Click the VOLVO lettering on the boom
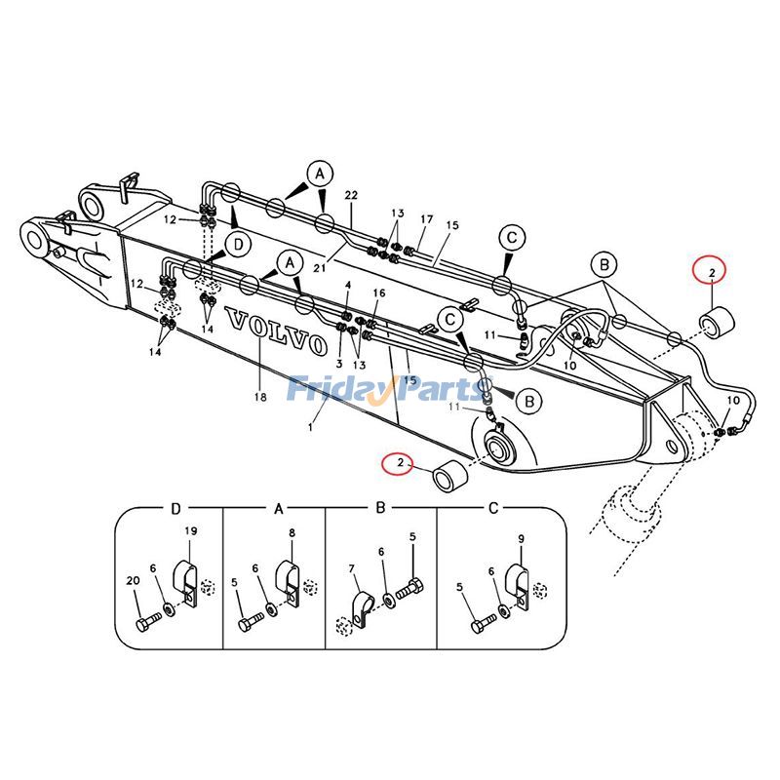(x=275, y=331)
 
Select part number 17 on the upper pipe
(x=426, y=219)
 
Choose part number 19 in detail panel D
(x=190, y=531)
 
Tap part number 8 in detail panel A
(x=292, y=533)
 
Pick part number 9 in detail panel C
(x=521, y=538)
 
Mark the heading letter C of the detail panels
(x=492, y=508)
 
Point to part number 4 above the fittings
(x=348, y=286)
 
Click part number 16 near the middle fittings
(x=379, y=292)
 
